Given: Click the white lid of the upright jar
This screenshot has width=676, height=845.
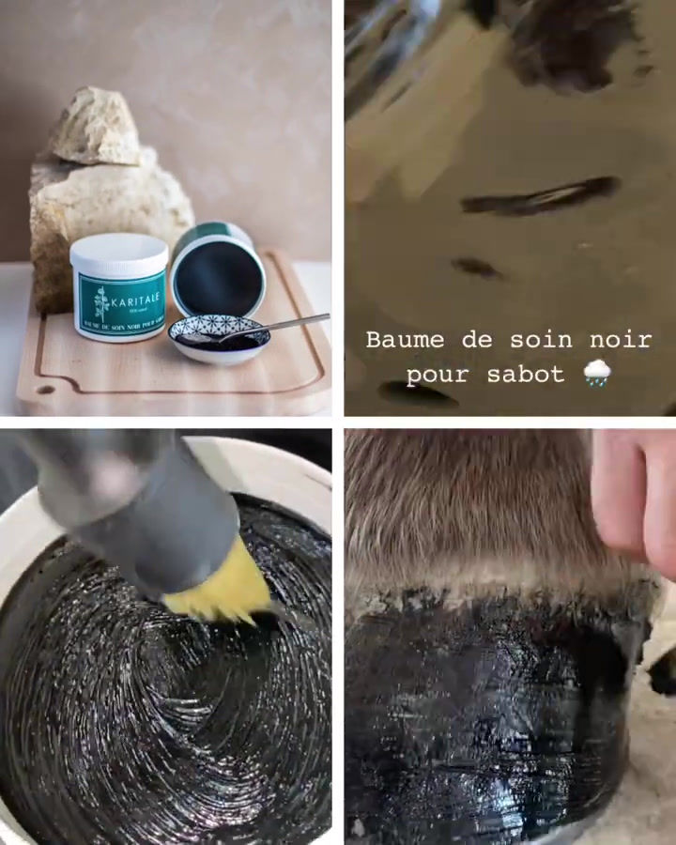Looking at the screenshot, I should click(x=118, y=252).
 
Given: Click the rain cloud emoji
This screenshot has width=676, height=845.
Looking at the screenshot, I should click(x=596, y=373).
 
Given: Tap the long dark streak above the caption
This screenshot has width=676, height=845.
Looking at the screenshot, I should click(x=540, y=195).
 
